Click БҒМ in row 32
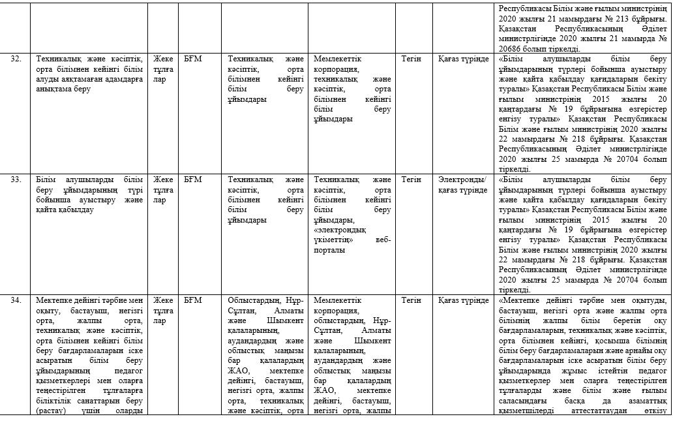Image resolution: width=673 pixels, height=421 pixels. click(193, 59)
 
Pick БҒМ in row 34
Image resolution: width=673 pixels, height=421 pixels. click(193, 300)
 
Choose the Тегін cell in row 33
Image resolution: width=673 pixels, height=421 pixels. click(411, 179)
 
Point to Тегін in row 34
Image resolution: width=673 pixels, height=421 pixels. click(411, 300)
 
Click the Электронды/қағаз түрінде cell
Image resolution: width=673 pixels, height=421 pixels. click(462, 184)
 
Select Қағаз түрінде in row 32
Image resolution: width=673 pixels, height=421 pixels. click(464, 59)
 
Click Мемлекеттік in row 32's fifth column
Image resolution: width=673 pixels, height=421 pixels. click(338, 59)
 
